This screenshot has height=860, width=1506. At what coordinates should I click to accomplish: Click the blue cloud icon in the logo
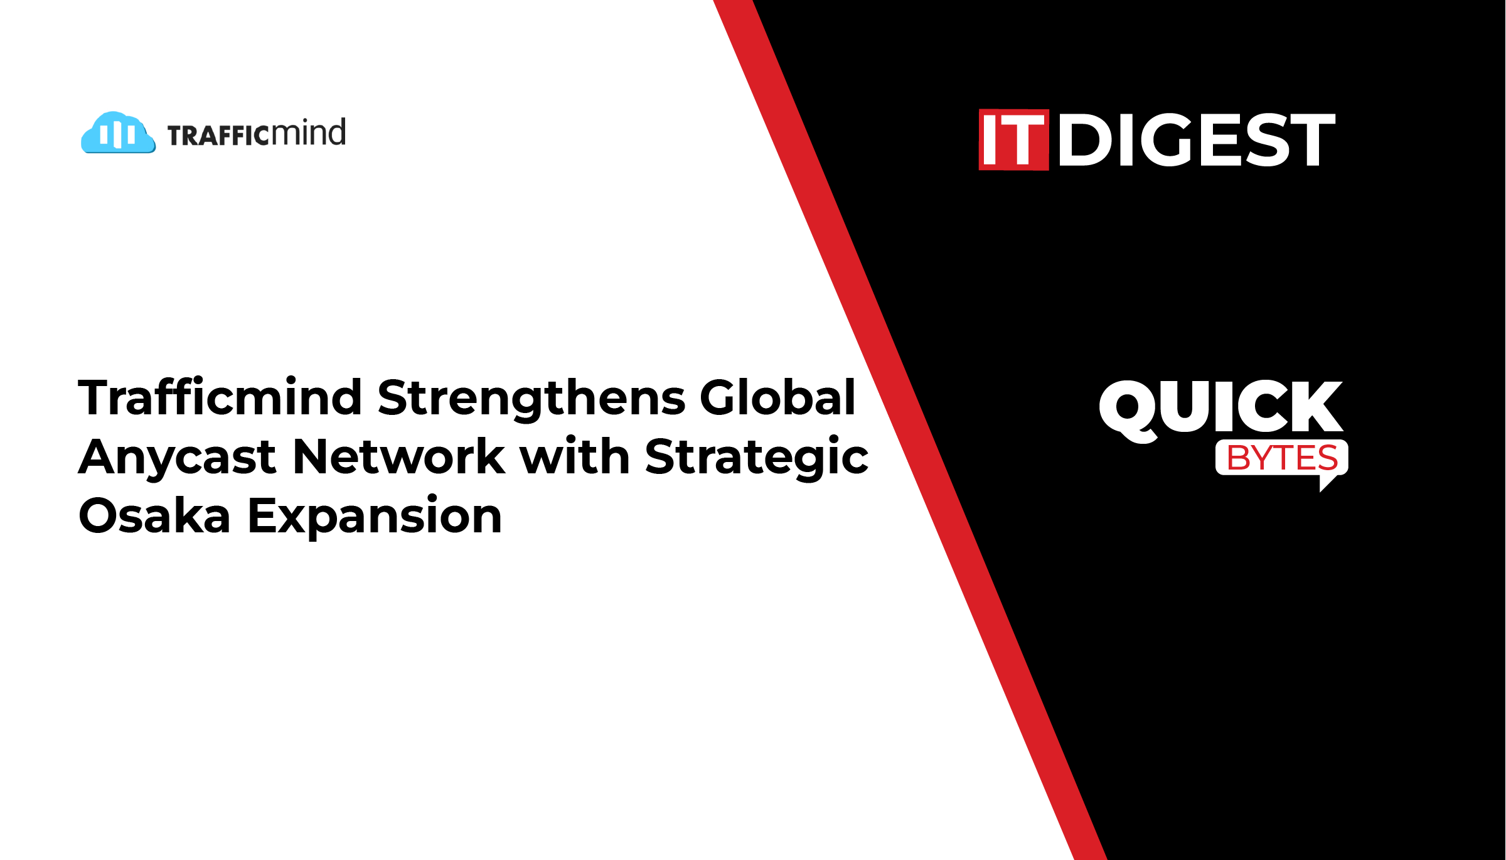[118, 132]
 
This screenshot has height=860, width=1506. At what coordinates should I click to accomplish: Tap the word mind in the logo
[308, 132]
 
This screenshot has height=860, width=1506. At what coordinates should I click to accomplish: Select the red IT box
[1013, 139]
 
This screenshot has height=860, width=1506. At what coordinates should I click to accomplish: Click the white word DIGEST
[1197, 139]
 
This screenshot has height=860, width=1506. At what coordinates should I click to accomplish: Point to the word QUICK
[1221, 409]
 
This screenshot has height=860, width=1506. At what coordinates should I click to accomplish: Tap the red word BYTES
[1282, 458]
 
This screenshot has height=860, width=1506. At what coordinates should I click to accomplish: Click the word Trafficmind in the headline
[220, 397]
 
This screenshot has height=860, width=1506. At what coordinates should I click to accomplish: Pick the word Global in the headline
[777, 397]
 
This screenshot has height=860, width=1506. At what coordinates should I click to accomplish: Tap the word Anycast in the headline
[177, 458]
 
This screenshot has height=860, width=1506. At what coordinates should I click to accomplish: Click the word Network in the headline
[398, 456]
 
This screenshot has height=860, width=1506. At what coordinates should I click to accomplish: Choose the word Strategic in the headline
[756, 458]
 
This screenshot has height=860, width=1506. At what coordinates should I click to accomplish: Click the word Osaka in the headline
[154, 515]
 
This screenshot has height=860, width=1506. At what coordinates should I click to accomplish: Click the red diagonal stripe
[910, 430]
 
